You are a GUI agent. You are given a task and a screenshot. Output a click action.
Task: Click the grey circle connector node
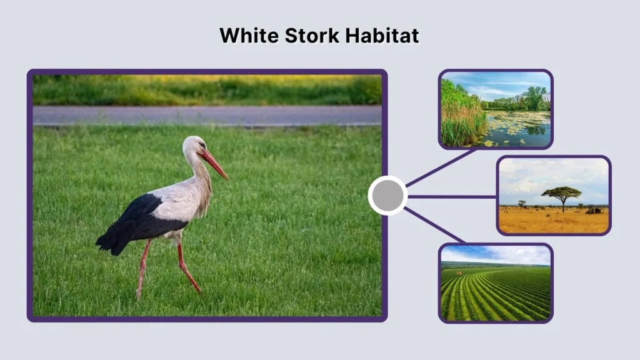coord(387,196)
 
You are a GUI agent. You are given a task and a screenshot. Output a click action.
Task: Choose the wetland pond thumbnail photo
coord(496,109)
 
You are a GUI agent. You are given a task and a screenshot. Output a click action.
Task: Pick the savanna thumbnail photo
coord(554,195)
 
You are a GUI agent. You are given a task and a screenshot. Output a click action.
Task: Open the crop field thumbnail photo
coord(496,282)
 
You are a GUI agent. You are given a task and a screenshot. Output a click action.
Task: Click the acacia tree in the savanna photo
coord(562,194)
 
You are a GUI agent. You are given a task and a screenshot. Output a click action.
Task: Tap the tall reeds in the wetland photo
coord(461,119)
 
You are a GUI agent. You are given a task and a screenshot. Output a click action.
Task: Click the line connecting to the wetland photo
coord(441,167)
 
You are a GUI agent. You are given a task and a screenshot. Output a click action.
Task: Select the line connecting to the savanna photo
coord(452,196)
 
